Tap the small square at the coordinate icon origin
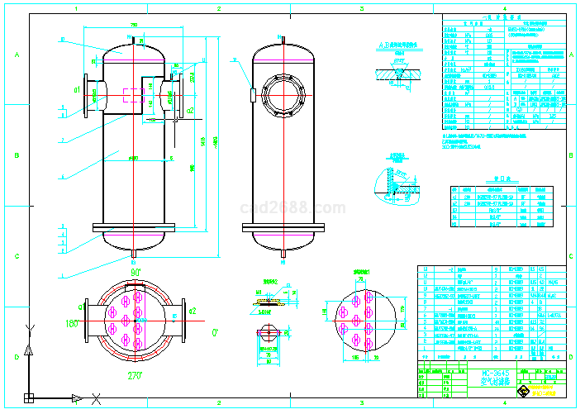tap(28, 398)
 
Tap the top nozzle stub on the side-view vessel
tap(283, 39)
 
